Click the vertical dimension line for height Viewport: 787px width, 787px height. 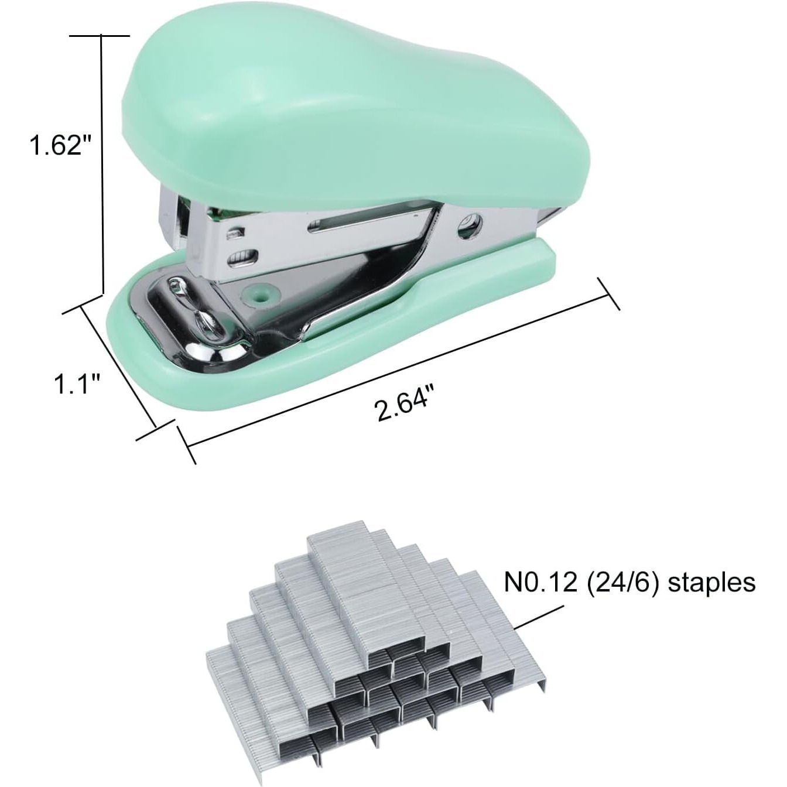102,164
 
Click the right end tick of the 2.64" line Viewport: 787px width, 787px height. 609,295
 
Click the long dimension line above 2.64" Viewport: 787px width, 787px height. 398,369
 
